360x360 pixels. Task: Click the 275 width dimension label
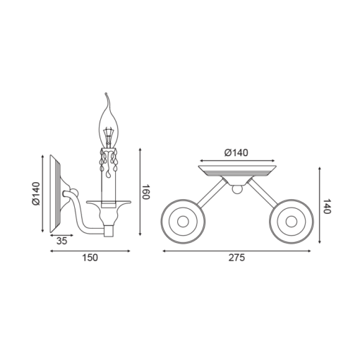(x=236, y=258)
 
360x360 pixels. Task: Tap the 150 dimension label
(x=90, y=258)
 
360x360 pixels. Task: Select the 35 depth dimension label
(x=61, y=241)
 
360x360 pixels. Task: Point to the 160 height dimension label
(x=146, y=192)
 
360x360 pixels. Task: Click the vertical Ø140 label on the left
(x=36, y=193)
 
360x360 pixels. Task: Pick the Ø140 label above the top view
(x=236, y=152)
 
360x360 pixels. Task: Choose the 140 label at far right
(x=326, y=206)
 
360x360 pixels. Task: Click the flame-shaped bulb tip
(x=107, y=94)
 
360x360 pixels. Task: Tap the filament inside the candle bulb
(x=109, y=136)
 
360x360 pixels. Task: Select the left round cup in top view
(x=183, y=222)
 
